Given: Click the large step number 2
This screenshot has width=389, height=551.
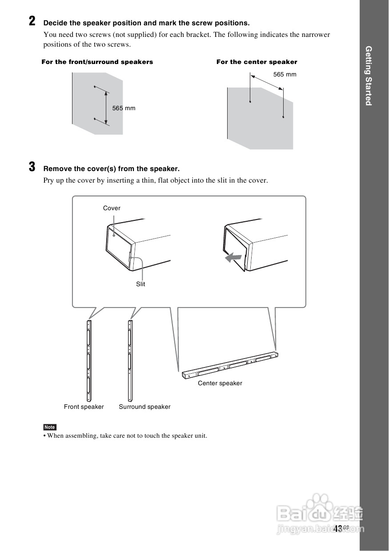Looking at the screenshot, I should click(x=32, y=21).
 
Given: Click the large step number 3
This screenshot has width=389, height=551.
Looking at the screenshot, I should click(x=32, y=167).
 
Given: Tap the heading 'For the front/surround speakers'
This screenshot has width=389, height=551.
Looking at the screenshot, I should click(x=97, y=62).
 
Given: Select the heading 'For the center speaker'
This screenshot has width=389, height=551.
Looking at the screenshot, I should click(x=257, y=62).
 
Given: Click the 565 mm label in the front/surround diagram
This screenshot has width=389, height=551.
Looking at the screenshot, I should click(x=124, y=108).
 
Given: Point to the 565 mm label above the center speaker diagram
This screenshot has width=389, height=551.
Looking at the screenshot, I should click(x=285, y=75).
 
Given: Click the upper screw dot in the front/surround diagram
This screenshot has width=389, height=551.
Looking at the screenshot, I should click(x=95, y=87).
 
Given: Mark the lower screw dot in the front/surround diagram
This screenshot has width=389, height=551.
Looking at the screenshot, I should click(x=95, y=119).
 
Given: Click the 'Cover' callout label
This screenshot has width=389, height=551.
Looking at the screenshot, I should click(x=112, y=208).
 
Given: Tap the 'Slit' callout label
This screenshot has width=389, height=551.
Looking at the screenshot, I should click(x=140, y=284).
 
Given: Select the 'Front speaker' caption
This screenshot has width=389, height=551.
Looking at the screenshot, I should click(x=84, y=407).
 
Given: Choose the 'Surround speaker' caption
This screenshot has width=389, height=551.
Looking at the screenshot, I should click(x=144, y=407).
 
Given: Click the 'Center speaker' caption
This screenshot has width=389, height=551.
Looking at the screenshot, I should click(x=220, y=383).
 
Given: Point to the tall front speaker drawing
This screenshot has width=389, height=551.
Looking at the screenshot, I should click(x=89, y=360).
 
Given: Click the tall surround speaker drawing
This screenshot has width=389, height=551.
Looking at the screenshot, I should click(x=130, y=360).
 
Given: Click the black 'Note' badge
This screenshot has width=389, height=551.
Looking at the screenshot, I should click(x=50, y=427).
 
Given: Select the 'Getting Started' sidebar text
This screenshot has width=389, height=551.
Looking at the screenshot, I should click(x=368, y=76).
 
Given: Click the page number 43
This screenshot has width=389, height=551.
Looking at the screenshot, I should click(x=337, y=528).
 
